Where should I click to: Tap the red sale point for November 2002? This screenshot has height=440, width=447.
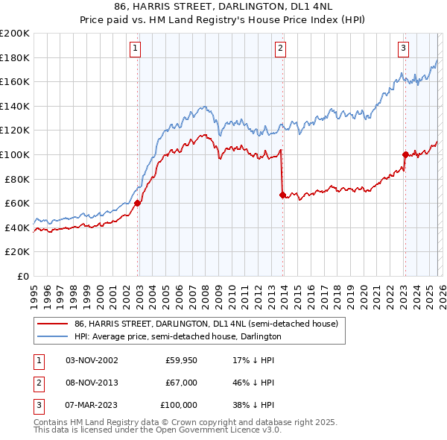(138, 203)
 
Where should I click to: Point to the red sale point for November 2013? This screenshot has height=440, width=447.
(282, 195)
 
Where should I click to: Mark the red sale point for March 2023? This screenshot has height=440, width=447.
(405, 154)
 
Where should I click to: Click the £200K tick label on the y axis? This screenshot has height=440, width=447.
(15, 34)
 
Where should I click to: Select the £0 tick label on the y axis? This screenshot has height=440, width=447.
(22, 276)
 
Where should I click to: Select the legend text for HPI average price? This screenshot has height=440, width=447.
(177, 337)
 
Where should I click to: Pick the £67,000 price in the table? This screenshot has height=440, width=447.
(181, 383)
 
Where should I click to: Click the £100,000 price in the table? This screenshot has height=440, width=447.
(179, 405)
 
